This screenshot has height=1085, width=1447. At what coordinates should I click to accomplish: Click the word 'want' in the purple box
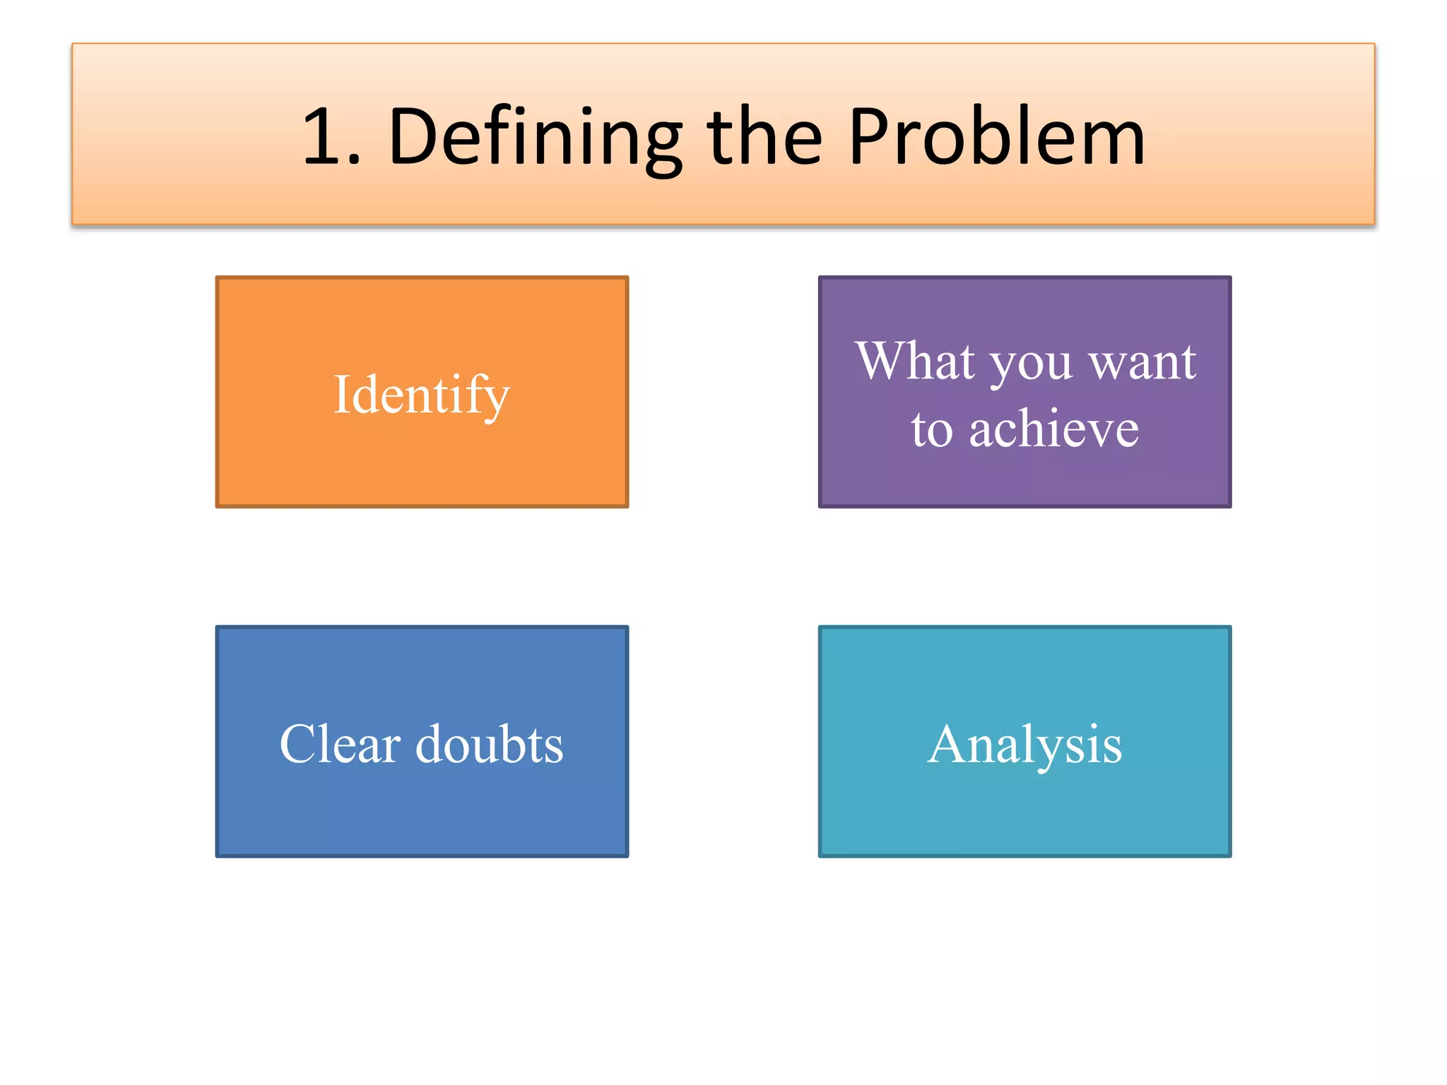coord(1142,362)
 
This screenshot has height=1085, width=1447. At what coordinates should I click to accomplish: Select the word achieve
coord(1053,429)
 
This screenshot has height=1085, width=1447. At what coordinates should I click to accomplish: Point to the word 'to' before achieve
coord(932,430)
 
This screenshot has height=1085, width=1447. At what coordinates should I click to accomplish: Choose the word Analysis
coord(1024,745)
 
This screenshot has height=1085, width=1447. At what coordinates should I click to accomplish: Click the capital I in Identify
coord(342,394)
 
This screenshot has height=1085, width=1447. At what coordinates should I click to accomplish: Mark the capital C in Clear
coord(300,744)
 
